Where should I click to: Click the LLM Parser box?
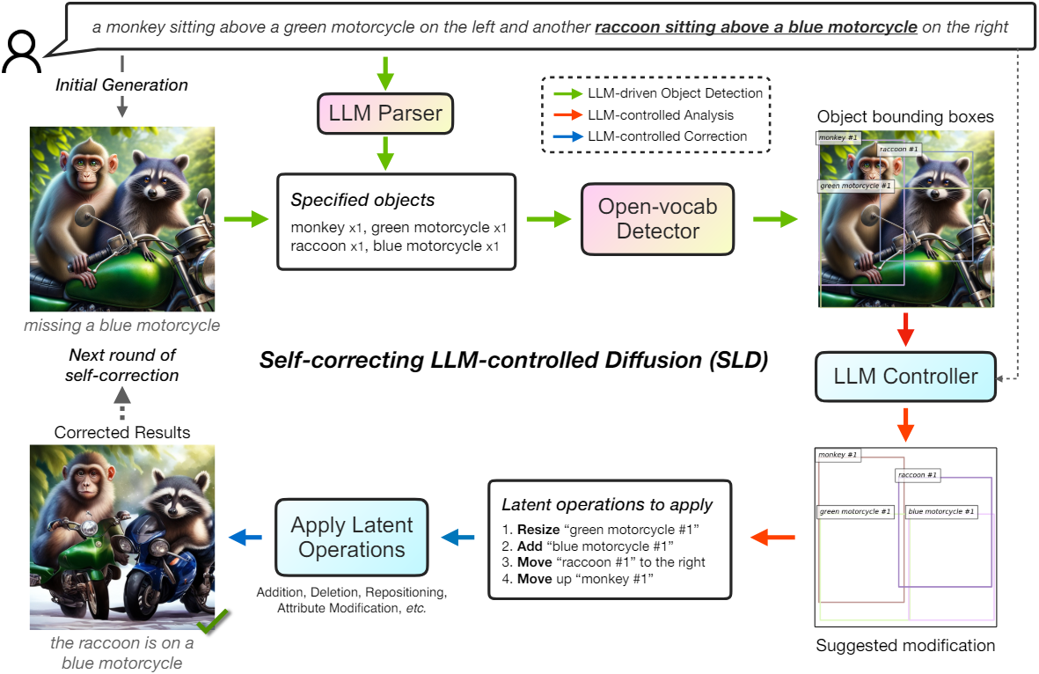coord(385,114)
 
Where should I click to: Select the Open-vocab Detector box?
coord(657,219)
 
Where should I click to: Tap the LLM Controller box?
coord(905,377)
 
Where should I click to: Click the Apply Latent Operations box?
coord(351,537)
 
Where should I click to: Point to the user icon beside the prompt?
coord(22,51)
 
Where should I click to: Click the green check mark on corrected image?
coord(213,621)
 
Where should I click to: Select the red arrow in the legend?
coord(567,114)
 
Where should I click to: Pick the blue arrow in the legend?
coord(567,136)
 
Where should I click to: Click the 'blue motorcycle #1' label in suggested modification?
coord(941,511)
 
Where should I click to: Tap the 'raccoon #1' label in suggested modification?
coord(917,475)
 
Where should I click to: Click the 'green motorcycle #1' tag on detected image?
coord(855,187)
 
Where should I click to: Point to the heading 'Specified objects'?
coord(362,200)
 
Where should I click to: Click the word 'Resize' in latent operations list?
coord(538,530)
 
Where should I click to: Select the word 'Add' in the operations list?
coord(530,546)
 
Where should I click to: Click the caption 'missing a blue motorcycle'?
coord(122,326)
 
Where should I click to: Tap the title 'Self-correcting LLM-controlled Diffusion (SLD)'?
coord(514,360)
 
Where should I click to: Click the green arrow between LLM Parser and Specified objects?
coord(385,154)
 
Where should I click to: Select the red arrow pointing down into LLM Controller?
coord(905,329)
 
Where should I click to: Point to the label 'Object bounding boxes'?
coord(905,117)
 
